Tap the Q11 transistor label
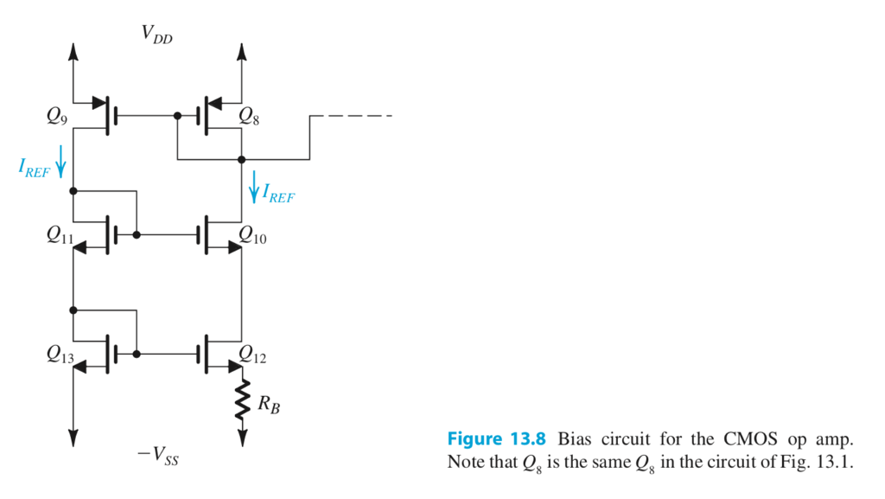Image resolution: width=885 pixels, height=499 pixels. pos(60,234)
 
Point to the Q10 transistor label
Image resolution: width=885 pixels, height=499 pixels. pos(253,234)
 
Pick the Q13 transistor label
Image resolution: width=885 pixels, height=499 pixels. pos(60,355)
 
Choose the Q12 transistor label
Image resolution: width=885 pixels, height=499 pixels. pos(253,355)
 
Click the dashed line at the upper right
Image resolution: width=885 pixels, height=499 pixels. pos(351,116)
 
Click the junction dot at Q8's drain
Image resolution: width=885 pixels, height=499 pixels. pos(241,160)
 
